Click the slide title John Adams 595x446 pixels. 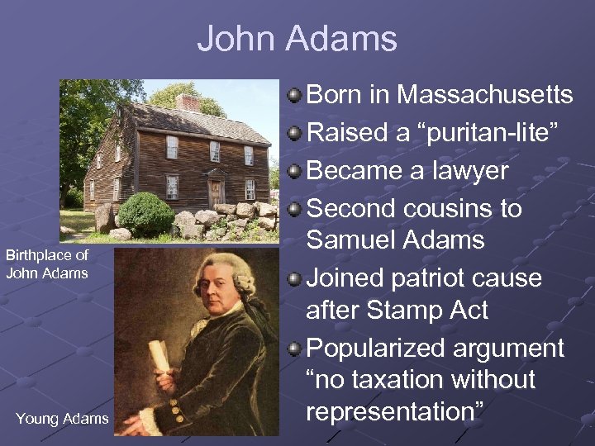297,39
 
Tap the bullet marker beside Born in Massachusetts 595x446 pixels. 295,96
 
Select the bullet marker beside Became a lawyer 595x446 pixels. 295,170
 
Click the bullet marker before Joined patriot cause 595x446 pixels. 295,278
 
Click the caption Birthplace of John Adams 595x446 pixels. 47,264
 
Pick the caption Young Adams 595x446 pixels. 62,419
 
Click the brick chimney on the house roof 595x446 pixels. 188,102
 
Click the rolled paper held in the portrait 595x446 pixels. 159,358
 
